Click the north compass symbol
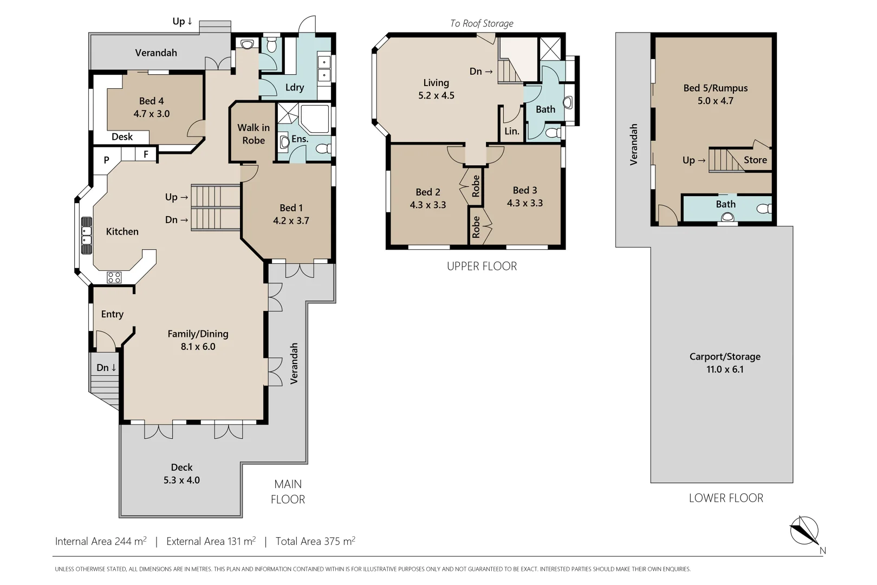[804, 531]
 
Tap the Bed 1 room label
[291, 208]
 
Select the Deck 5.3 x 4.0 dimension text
[181, 480]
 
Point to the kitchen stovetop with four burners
[114, 277]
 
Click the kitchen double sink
[87, 236]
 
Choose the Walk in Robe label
[254, 134]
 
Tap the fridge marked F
[146, 154]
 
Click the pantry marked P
[106, 160]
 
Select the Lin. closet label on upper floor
[512, 132]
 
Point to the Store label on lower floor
[755, 160]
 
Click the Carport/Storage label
[725, 357]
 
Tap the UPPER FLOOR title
[482, 266]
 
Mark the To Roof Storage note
[482, 23]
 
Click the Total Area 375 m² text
[316, 541]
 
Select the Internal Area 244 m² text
[101, 541]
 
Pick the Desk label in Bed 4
[122, 136]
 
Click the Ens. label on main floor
[300, 139]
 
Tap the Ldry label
[295, 87]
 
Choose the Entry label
[112, 314]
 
